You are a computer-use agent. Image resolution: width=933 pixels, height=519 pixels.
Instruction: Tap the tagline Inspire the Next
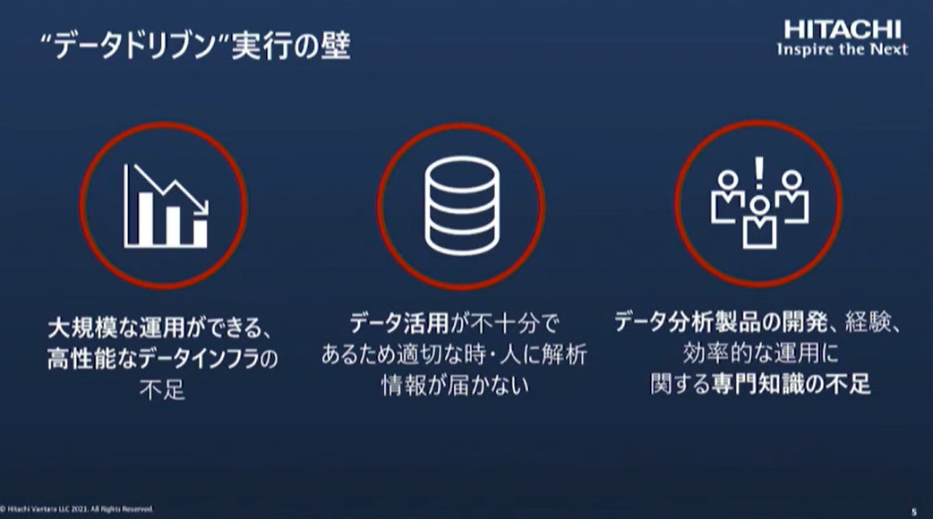[x=842, y=49]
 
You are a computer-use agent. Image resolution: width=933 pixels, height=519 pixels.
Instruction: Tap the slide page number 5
[x=913, y=510]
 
